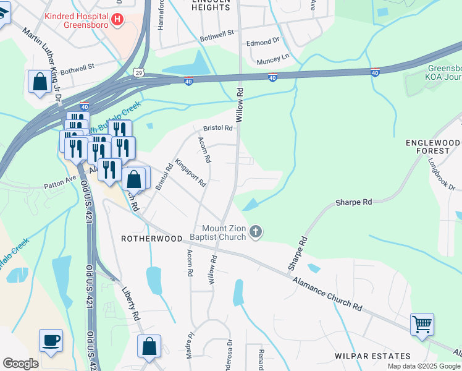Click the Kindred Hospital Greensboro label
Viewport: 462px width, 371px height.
point(85,20)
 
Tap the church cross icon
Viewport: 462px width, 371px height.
point(256,232)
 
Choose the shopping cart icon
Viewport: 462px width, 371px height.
point(422,323)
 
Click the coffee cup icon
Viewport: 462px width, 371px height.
point(51,339)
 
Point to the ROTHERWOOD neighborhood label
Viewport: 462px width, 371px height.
point(152,239)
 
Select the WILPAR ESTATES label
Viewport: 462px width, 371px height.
point(372,356)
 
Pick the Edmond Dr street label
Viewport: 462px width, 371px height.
point(263,42)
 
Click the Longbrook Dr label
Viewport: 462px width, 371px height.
point(442,174)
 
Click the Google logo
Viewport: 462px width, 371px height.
point(20,363)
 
